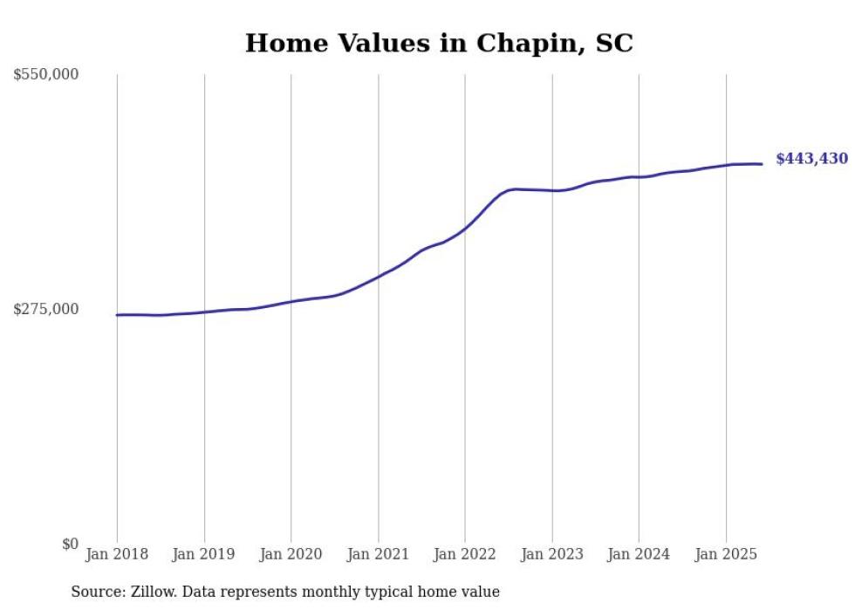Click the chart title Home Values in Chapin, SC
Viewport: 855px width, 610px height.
(x=439, y=43)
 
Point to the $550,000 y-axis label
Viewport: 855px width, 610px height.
(x=46, y=75)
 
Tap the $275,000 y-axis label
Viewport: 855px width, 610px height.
(x=46, y=309)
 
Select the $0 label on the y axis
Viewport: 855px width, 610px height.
(x=70, y=544)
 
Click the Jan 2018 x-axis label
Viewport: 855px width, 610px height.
(x=117, y=554)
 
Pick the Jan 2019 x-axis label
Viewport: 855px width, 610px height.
(x=204, y=554)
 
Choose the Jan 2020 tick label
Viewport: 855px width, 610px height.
(x=291, y=554)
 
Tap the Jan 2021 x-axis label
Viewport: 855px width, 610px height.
(x=378, y=554)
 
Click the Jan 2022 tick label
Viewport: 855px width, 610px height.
(x=464, y=554)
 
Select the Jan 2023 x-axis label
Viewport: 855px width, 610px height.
(x=551, y=554)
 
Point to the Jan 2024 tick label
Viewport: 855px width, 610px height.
(x=639, y=554)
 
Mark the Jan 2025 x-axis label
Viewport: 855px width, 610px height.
(x=725, y=554)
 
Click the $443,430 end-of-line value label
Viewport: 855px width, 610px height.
(x=811, y=159)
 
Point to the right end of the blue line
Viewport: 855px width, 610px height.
(x=762, y=164)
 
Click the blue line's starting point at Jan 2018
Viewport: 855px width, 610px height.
(x=117, y=315)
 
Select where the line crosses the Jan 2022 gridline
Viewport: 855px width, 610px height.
(x=464, y=229)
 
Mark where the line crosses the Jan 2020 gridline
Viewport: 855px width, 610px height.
(x=291, y=301)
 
